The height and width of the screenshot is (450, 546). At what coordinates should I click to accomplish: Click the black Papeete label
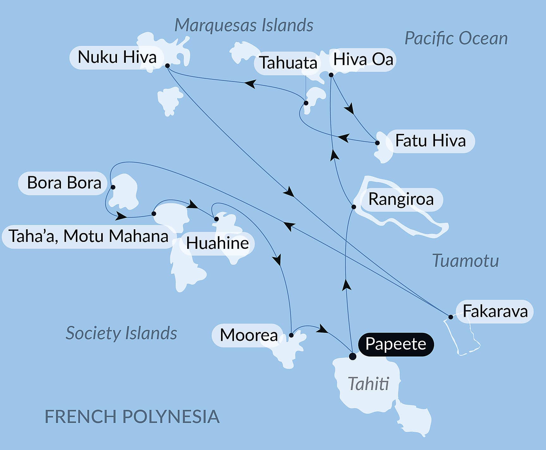(396, 344)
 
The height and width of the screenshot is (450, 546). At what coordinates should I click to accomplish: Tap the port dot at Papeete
(353, 357)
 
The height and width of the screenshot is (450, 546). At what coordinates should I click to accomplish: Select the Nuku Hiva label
(117, 57)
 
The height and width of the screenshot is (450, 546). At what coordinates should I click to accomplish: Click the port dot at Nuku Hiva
(168, 66)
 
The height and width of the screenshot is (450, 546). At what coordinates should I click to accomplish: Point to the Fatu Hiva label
(430, 141)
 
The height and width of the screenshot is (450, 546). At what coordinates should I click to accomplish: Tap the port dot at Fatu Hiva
(377, 143)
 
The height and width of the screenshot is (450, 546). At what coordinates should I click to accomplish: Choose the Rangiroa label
(401, 200)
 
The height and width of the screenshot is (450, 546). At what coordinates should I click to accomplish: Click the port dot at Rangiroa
(354, 207)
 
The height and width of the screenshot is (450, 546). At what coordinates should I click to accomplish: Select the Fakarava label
(495, 311)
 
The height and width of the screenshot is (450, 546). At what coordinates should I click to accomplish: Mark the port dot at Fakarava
(451, 317)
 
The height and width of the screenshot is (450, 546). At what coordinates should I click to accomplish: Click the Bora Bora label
(64, 183)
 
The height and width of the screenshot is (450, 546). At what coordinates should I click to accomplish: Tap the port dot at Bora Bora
(113, 187)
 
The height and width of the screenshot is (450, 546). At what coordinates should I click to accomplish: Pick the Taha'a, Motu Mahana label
(88, 237)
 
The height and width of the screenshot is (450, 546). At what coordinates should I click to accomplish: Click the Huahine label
(217, 243)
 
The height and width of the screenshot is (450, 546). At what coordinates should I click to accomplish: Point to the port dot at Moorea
(291, 335)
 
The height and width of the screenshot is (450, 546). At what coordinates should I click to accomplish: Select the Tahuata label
(288, 63)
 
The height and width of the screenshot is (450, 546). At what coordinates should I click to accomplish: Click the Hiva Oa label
(363, 60)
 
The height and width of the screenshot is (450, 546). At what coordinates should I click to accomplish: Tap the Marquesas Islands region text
(243, 25)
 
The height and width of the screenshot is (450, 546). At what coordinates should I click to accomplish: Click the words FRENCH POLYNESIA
(132, 417)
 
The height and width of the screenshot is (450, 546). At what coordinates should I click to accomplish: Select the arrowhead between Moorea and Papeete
(322, 329)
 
